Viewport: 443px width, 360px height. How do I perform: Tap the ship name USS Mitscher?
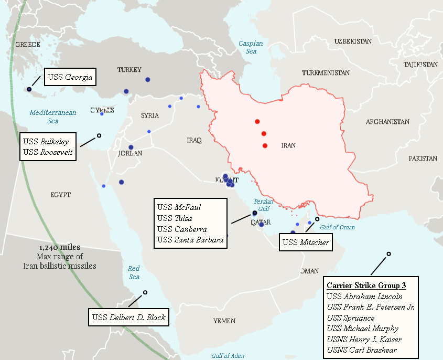pyautogui.click(x=305, y=242)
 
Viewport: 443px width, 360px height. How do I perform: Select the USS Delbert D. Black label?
pyautogui.click(x=129, y=317)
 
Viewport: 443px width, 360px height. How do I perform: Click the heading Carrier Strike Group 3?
pyautogui.click(x=366, y=286)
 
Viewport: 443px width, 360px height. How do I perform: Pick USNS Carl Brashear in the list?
pyautogui.click(x=361, y=350)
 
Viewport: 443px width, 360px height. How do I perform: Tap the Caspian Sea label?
pyautogui.click(x=251, y=47)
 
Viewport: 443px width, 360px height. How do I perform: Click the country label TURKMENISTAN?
pyautogui.click(x=326, y=72)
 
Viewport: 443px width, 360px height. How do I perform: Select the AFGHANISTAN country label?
pyautogui.click(x=387, y=122)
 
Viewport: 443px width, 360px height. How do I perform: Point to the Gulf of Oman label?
pyautogui.click(x=337, y=227)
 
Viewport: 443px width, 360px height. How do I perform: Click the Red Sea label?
pyautogui.click(x=134, y=272)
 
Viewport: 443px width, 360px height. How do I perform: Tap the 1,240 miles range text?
pyautogui.click(x=59, y=247)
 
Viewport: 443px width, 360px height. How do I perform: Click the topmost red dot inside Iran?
pyautogui.click(x=257, y=121)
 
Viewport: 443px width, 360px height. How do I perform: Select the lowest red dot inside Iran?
pyautogui.click(x=265, y=145)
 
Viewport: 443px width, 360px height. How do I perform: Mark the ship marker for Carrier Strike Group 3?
pyautogui.click(x=388, y=254)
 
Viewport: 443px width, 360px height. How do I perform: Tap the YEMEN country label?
pyautogui.click(x=224, y=321)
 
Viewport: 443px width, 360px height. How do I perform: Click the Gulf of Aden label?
pyautogui.click(x=228, y=356)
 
